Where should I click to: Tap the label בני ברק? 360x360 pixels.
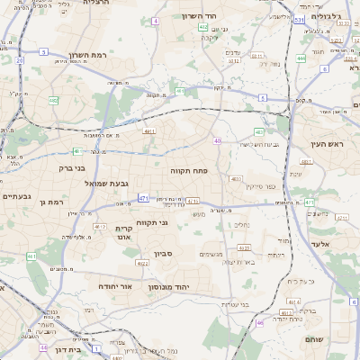tap(66, 166)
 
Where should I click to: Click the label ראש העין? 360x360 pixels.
tap(341, 144)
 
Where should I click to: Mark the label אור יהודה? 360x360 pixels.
tap(114, 286)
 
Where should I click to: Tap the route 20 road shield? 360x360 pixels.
tap(19, 60)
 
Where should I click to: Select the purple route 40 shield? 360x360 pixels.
tap(218, 140)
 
